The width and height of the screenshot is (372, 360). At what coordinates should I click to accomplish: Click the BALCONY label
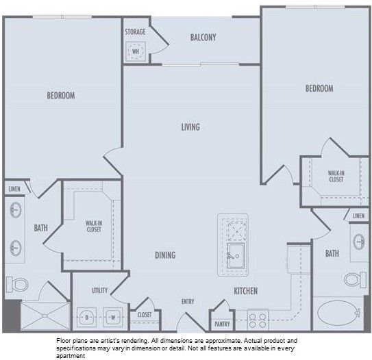point(203,37)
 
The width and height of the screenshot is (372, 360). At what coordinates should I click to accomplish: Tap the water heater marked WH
point(136,51)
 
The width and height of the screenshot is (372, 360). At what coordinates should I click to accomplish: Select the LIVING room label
point(190,127)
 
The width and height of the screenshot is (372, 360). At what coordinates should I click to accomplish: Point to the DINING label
point(165,255)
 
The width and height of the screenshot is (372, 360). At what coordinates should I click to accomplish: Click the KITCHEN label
point(245,291)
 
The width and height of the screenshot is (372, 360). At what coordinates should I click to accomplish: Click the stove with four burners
point(258,319)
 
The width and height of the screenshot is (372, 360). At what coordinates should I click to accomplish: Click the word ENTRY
point(188,302)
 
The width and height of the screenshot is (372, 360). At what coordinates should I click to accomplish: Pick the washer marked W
point(112,317)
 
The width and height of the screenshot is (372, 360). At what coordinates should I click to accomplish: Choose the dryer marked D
point(88,317)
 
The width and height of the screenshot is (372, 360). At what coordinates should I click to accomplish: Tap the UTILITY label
point(99,291)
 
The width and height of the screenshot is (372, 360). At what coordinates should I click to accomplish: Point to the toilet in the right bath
point(352,279)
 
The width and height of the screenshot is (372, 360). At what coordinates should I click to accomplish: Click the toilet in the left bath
point(19,283)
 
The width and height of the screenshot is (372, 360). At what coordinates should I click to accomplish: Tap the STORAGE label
point(135,32)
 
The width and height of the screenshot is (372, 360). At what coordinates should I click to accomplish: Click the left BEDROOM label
point(60,96)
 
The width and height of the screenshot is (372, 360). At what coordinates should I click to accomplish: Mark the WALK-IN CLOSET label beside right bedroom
point(336,177)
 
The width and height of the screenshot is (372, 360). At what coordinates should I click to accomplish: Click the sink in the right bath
point(359,242)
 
